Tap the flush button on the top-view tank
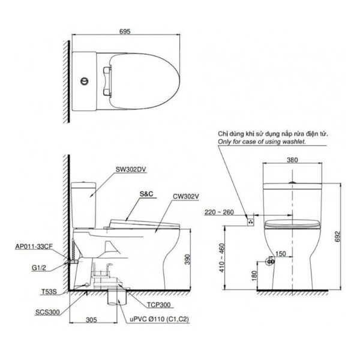pos(84,80)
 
